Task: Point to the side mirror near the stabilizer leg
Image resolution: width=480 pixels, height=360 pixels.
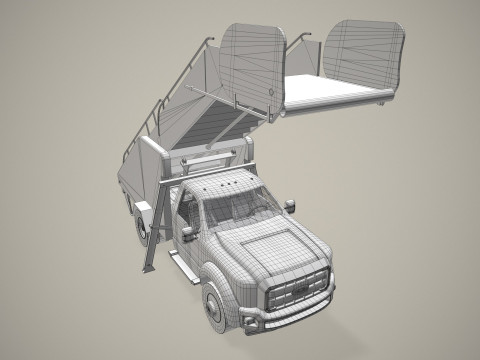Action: pos(187,234)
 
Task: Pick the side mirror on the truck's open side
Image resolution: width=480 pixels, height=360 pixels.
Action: pos(291,206)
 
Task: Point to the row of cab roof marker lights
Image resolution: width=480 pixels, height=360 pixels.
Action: pos(222,185)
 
